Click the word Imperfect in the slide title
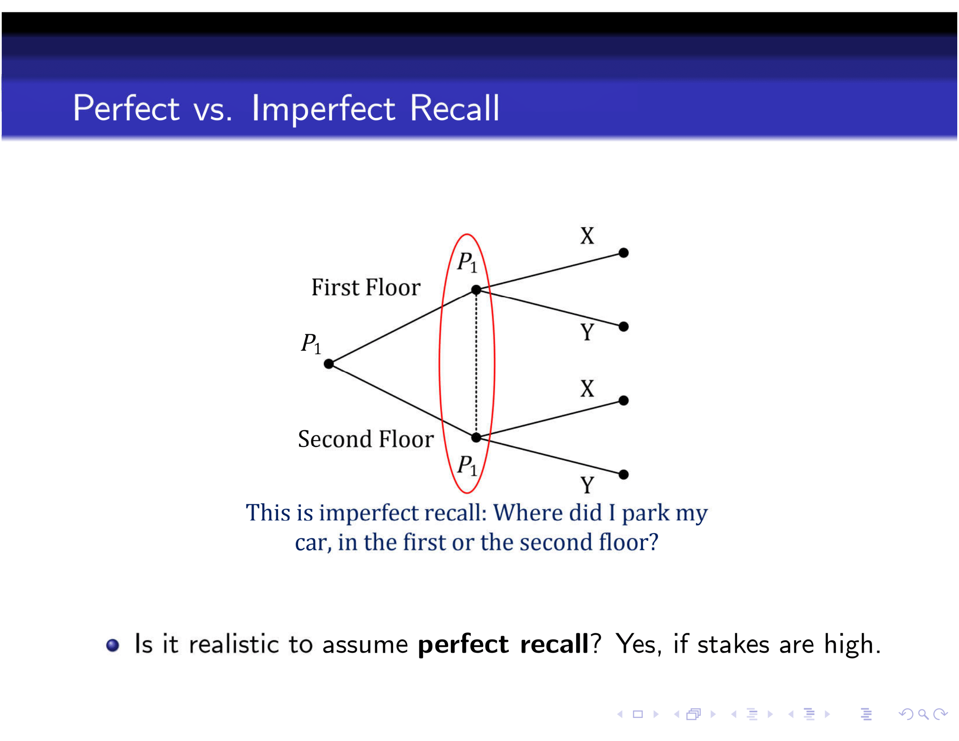[323, 109]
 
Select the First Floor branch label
[366, 288]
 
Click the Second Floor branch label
[366, 439]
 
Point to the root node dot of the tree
[328, 364]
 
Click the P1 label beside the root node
[311, 343]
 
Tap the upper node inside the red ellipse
[476, 290]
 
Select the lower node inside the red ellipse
[476, 437]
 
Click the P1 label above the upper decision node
[467, 262]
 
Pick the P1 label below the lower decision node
[467, 466]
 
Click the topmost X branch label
[587, 236]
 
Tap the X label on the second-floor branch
[587, 389]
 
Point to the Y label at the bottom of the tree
[587, 485]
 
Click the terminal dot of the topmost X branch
[623, 253]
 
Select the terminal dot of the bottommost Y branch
[623, 475]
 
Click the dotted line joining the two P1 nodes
[476, 364]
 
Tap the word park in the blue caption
[646, 513]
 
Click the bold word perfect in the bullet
[463, 644]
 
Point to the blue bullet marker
[113, 645]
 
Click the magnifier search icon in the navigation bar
[924, 715]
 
